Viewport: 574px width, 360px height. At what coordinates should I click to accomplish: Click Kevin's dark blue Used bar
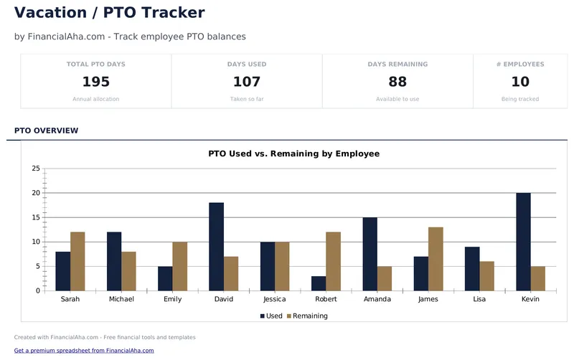coord(523,242)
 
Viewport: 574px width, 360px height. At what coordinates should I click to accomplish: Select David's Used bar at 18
coord(216,247)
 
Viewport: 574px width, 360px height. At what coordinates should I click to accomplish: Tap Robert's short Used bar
coord(319,283)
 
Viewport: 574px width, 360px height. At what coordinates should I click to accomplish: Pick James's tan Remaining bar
coord(436,259)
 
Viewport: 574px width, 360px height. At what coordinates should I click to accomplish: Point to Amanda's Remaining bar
coord(385,278)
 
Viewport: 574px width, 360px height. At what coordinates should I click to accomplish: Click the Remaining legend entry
coord(306,316)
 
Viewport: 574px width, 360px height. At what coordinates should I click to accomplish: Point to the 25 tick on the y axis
coord(36,169)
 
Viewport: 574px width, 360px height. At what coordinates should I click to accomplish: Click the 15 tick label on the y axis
coord(36,217)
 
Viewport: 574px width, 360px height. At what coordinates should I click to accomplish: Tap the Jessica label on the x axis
coord(275,299)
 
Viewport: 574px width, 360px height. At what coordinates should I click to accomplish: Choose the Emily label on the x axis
coord(172,299)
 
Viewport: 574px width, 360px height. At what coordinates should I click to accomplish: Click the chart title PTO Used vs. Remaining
coord(293,153)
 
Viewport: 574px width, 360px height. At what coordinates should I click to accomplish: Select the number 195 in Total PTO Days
coord(95,82)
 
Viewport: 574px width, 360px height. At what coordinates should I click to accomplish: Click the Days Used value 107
coord(247,82)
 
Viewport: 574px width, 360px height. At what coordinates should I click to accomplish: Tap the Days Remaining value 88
coord(397,82)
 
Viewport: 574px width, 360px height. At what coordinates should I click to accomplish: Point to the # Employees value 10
coord(520,82)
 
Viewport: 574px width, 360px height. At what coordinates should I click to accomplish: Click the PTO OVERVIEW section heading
coord(46,131)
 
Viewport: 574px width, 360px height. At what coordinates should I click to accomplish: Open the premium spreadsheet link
coord(84,351)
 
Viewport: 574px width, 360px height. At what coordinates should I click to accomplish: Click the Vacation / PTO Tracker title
coord(109,12)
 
